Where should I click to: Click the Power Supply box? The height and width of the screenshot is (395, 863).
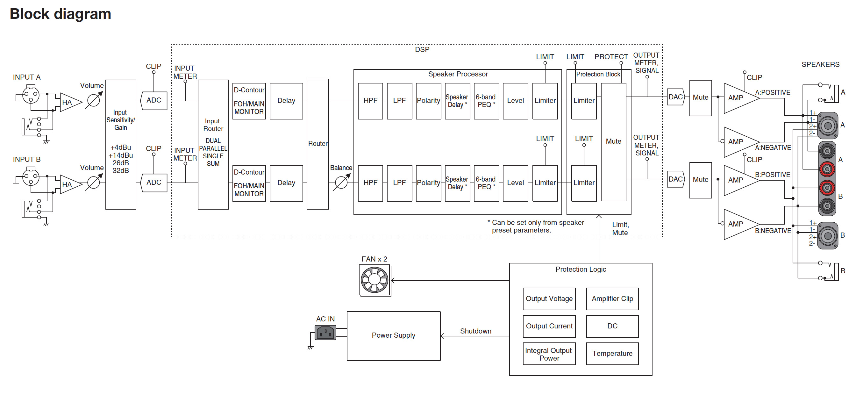(x=393, y=336)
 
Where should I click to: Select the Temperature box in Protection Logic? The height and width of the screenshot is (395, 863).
(x=612, y=354)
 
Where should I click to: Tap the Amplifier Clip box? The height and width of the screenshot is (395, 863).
(x=612, y=298)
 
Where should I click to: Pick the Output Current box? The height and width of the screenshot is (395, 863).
(x=549, y=326)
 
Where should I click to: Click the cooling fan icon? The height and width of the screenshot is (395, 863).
(x=374, y=280)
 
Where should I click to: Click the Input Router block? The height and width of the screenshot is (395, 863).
(x=213, y=144)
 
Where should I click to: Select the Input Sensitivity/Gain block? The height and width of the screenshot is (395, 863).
(x=121, y=144)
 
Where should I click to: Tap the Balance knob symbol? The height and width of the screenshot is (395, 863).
(x=341, y=183)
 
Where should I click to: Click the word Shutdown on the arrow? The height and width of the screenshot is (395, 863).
(x=475, y=331)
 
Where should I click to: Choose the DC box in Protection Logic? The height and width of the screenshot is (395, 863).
(x=612, y=326)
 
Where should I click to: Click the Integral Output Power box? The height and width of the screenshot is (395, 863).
(x=549, y=354)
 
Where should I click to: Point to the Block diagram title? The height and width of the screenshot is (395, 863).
(x=60, y=14)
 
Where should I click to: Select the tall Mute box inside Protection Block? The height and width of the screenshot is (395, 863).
(x=613, y=142)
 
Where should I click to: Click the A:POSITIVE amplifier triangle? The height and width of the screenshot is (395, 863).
(x=739, y=98)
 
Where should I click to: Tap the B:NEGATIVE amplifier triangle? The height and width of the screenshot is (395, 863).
(x=739, y=224)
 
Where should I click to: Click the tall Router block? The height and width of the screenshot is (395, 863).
(x=317, y=144)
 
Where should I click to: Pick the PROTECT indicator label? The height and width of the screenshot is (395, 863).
(x=611, y=57)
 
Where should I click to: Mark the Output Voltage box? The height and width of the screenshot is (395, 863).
(x=549, y=298)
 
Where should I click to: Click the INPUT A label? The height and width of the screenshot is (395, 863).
(x=27, y=77)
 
